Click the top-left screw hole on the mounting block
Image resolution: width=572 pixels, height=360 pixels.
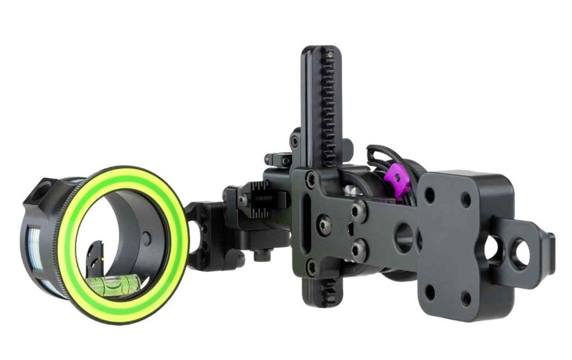click(429, 195)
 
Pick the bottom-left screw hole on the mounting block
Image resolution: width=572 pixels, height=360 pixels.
click(429, 292)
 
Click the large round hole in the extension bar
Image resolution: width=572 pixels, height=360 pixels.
click(404, 237)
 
